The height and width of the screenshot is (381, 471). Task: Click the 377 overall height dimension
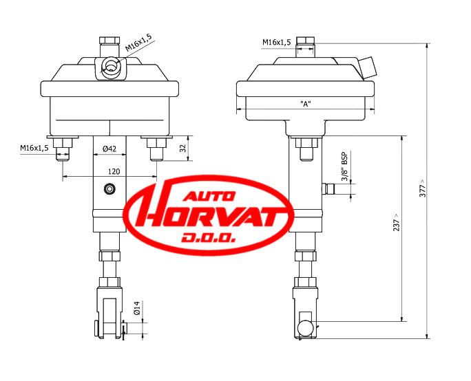pos(422,188)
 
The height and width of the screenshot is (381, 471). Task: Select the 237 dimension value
pos(397,222)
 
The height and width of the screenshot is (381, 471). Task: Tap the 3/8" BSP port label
pos(345,167)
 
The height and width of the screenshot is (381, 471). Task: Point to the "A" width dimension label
pos(306,104)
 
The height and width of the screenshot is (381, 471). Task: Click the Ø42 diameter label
pos(109,149)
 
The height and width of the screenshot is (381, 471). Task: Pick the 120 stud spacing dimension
pos(114,171)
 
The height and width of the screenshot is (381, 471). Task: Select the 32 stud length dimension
pos(183,148)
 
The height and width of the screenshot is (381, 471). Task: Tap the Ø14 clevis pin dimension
pos(136,308)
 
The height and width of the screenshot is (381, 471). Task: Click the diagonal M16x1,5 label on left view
pos(138,43)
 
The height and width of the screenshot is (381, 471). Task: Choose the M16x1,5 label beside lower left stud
pos(34,148)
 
